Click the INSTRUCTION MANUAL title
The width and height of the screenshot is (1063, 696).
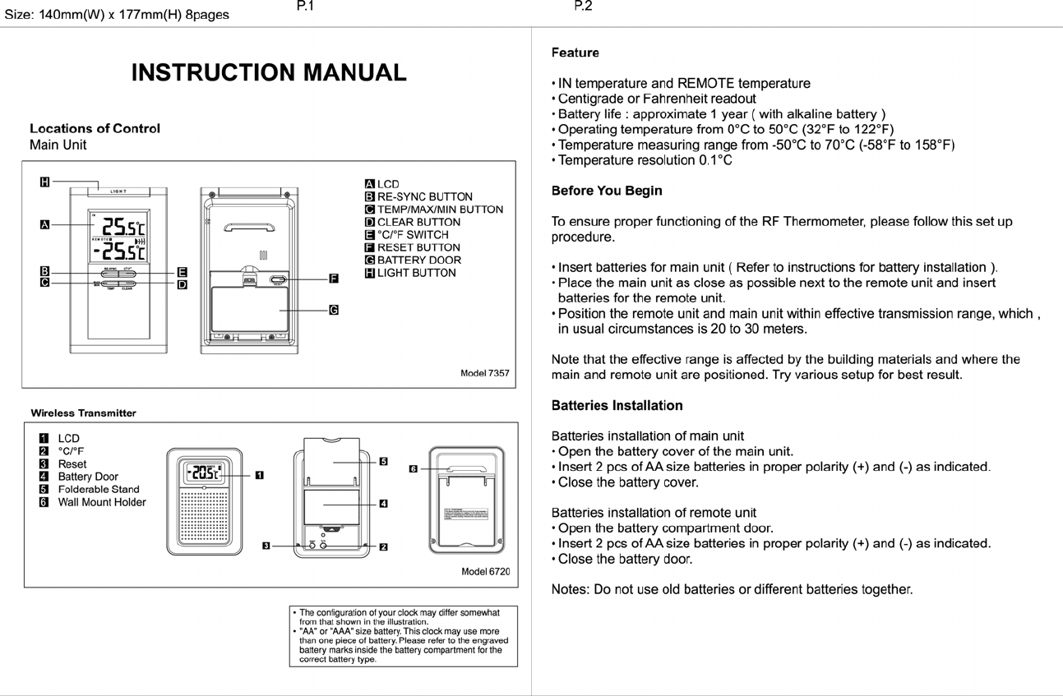(269, 72)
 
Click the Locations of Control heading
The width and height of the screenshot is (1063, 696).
(95, 128)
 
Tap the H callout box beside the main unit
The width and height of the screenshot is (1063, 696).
(44, 182)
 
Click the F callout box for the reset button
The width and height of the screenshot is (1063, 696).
(334, 279)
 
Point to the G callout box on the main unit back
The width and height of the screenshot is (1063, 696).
(334, 310)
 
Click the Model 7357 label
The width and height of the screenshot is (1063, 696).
(484, 373)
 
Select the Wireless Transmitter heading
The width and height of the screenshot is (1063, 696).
(83, 413)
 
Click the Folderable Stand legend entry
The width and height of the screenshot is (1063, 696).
(98, 490)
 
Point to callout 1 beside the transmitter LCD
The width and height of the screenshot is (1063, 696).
(260, 474)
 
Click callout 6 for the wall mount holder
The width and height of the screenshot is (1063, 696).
(414, 468)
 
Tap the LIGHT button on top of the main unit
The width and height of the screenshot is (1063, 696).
(119, 191)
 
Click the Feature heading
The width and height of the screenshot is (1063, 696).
(575, 53)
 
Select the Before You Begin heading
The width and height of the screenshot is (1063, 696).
(606, 191)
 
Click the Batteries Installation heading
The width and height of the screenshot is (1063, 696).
(617, 406)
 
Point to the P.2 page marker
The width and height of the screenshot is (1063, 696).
(582, 7)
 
